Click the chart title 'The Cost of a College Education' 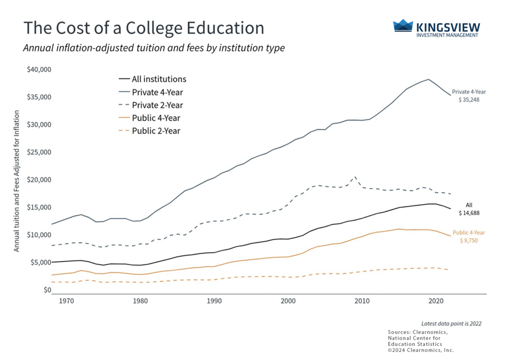click(x=144, y=28)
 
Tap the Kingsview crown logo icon click(x=403, y=25)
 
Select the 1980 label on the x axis click(x=140, y=302)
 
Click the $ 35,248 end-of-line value click(x=469, y=100)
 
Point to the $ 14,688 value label click(x=469, y=213)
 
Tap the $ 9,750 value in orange click(x=469, y=241)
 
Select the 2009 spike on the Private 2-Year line click(x=354, y=177)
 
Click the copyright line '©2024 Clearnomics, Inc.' click(x=420, y=350)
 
